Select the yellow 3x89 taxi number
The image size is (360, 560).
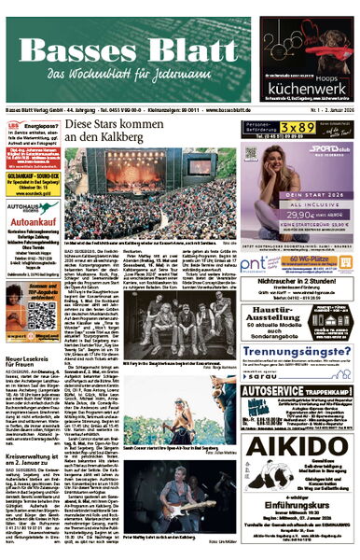point(302,127)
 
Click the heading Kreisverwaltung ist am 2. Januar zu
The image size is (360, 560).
point(32,436)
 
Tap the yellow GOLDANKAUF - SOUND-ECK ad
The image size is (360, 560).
point(32,177)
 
